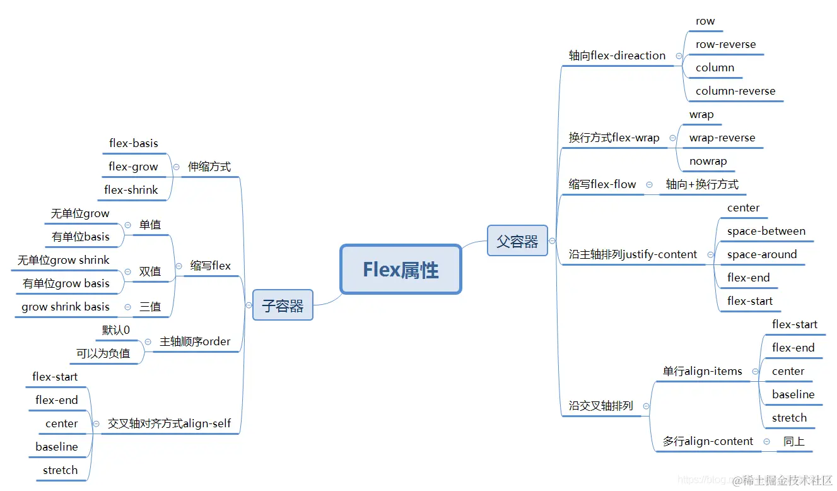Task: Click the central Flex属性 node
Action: (401, 269)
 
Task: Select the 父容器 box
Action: (517, 240)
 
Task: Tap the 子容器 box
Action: (283, 305)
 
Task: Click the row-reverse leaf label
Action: (725, 44)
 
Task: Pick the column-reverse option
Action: (735, 91)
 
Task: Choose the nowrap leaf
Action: (708, 161)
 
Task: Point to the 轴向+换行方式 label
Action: (702, 184)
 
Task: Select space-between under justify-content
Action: (766, 231)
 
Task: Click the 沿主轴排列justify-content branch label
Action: (633, 254)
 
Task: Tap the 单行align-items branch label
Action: (702, 371)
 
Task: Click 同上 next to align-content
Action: (794, 441)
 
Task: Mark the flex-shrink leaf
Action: (131, 190)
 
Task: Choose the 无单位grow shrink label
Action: (63, 260)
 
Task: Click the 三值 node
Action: (150, 307)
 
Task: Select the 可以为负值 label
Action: (103, 353)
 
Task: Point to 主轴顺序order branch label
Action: (195, 341)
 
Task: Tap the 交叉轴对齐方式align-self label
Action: (169, 423)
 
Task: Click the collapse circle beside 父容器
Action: (552, 240)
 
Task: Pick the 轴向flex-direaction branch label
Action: (617, 56)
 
